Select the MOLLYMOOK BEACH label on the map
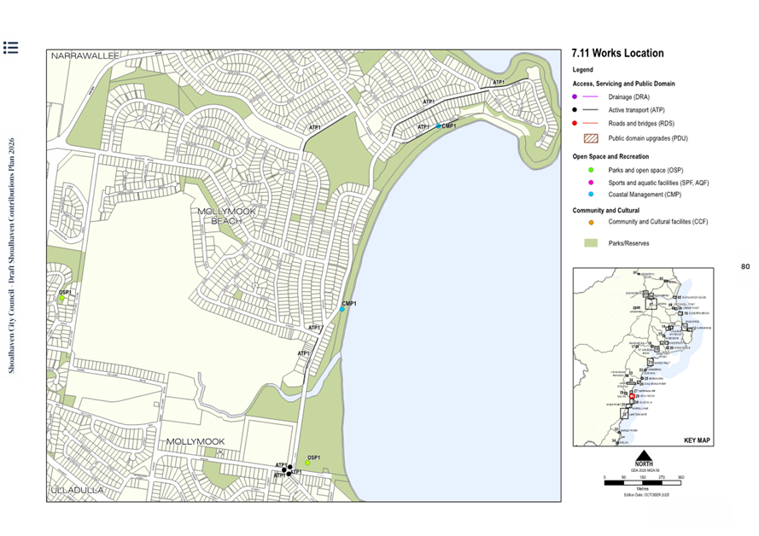[226, 216]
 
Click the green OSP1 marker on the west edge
[61, 298]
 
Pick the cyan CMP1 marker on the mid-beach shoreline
[342, 309]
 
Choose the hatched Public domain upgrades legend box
[590, 137]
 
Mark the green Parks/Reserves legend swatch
[590, 243]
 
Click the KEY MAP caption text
[697, 440]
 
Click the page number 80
[744, 267]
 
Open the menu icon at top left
[10, 47]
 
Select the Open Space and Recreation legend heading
[610, 157]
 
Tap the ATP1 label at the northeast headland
[499, 83]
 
